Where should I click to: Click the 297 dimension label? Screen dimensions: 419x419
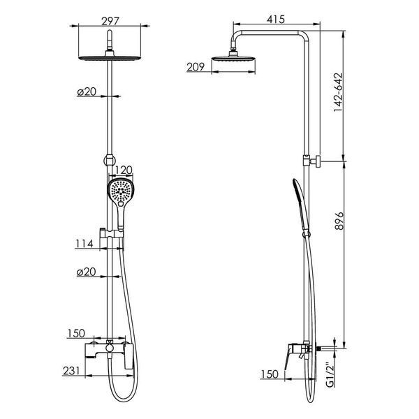[x=110, y=21]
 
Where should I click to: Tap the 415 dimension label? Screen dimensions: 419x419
[x=276, y=20]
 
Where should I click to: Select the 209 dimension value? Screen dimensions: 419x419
[x=196, y=67]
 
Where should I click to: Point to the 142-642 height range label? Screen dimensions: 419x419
[x=338, y=92]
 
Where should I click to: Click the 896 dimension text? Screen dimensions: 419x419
[x=339, y=221]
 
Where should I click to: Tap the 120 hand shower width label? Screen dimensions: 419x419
[x=124, y=170]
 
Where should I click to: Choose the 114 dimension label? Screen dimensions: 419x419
[x=84, y=244]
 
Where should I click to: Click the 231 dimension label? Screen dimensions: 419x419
[x=71, y=371]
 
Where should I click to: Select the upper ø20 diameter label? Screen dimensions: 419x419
[x=87, y=91]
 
